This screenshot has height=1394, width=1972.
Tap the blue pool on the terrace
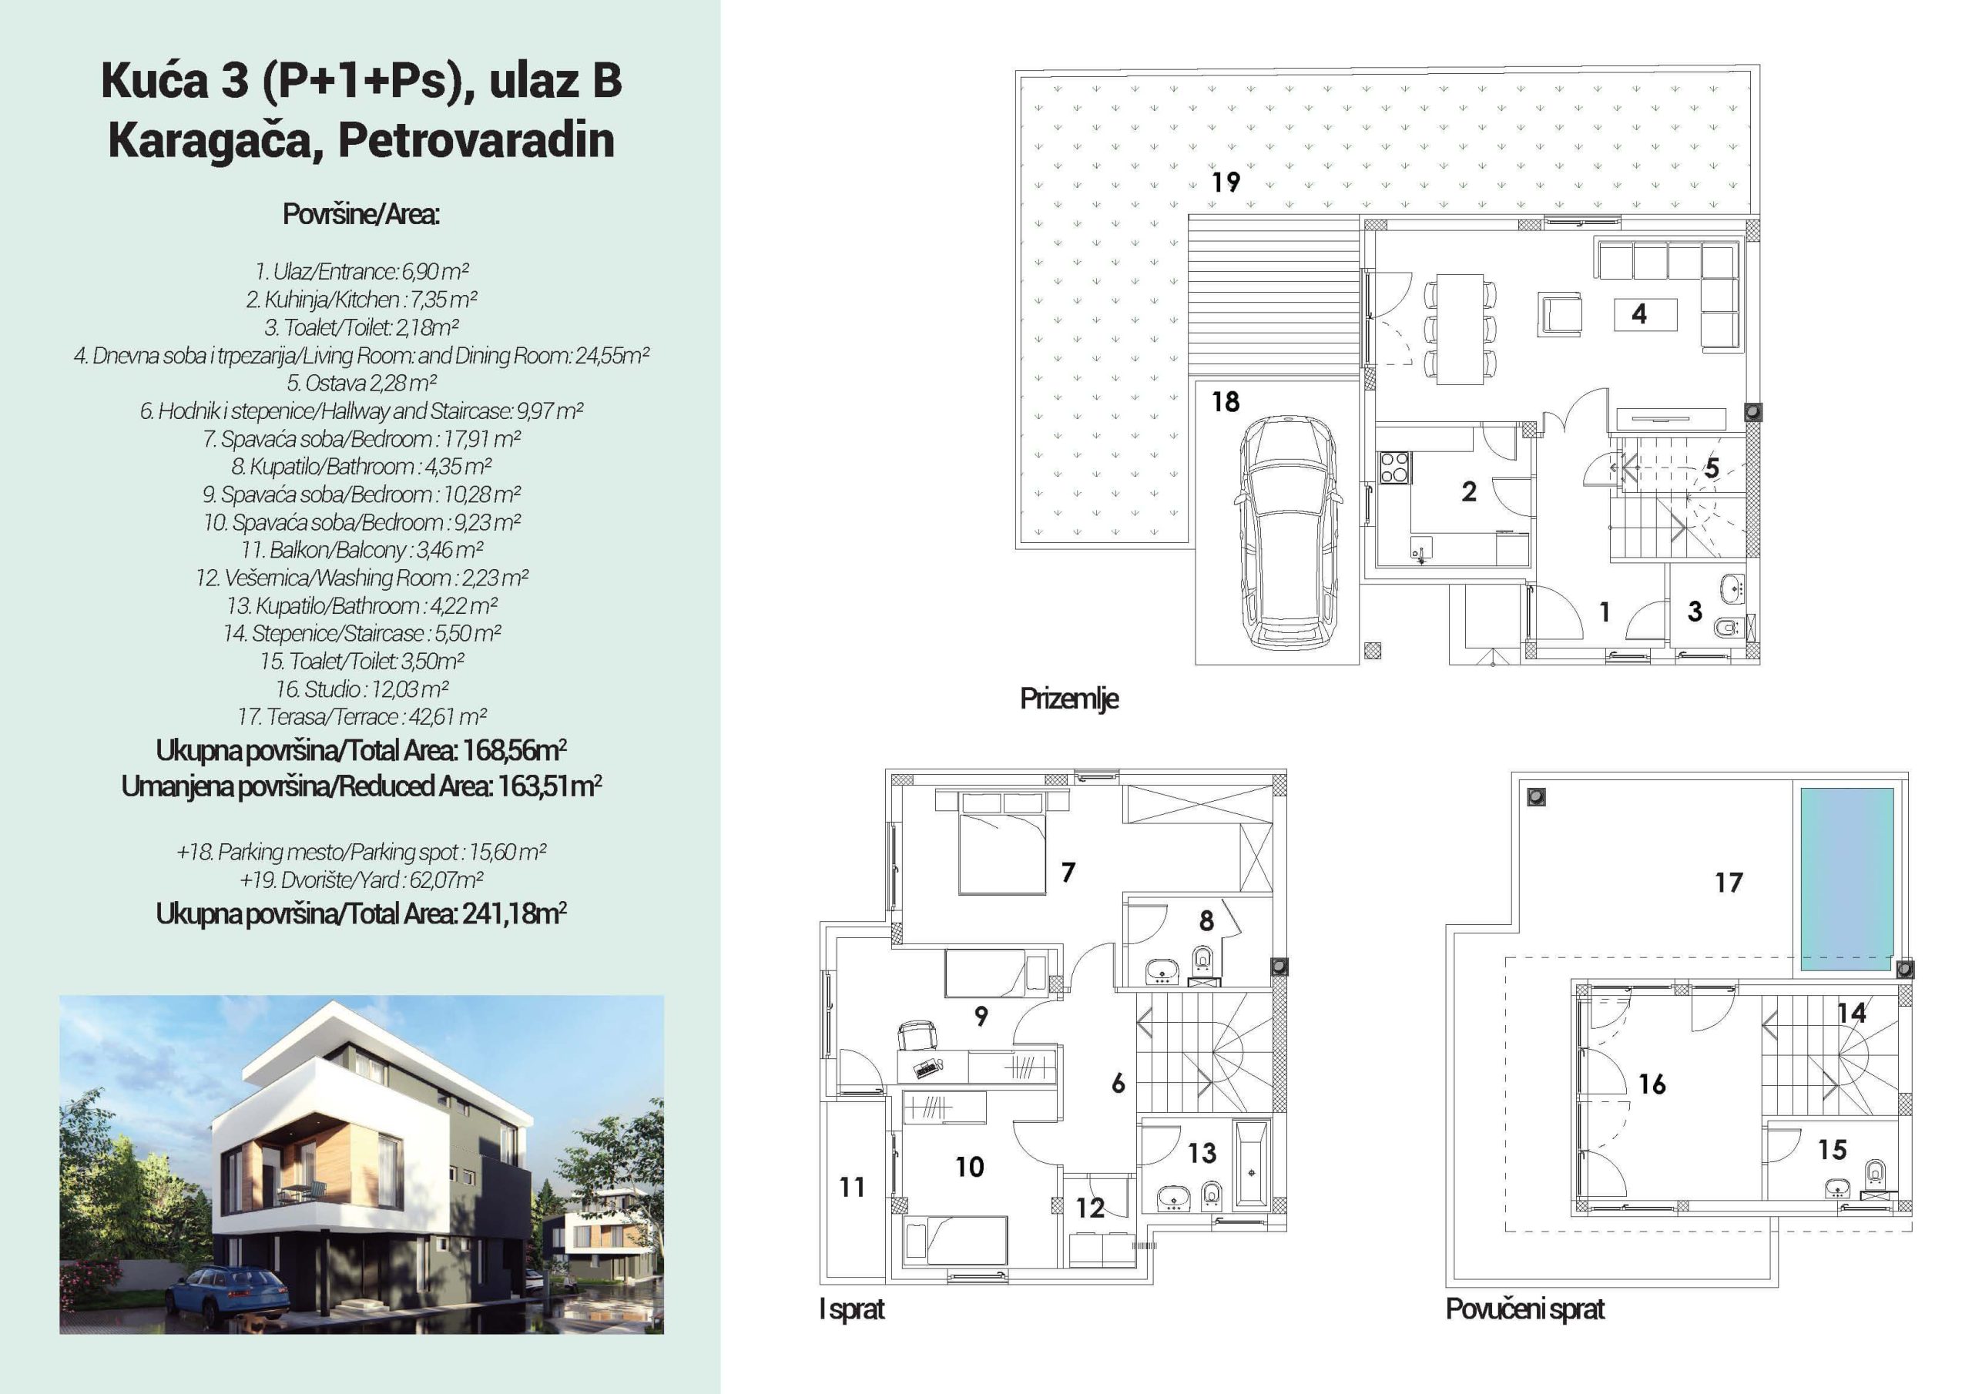(x=1846, y=879)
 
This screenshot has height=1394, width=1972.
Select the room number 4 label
(x=1638, y=314)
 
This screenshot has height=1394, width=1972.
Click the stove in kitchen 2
(x=1394, y=467)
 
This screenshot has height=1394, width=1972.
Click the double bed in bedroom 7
(x=1002, y=843)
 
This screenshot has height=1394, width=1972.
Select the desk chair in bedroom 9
(x=917, y=1035)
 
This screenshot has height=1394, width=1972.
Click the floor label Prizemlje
(x=1069, y=699)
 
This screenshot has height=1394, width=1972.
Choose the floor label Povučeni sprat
(x=1524, y=1309)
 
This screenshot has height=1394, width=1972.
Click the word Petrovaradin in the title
(x=476, y=141)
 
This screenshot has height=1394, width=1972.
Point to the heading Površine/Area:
(x=361, y=214)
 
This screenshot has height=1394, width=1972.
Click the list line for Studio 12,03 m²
(x=361, y=689)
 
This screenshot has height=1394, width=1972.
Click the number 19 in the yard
(x=1226, y=182)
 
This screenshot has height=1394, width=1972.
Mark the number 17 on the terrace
(x=1729, y=882)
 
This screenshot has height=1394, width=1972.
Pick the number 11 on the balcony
(x=852, y=1187)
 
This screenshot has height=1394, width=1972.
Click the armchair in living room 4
(x=1559, y=314)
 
